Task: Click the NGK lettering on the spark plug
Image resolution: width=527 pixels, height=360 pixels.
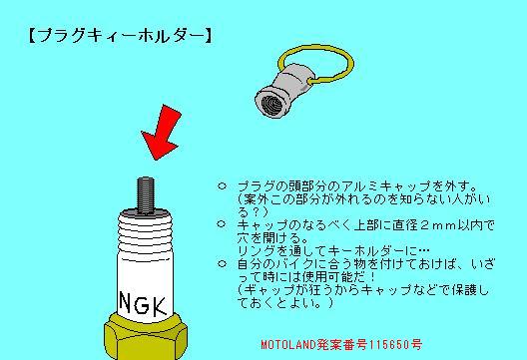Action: tap(143, 304)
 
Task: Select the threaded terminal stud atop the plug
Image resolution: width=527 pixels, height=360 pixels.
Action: tap(146, 195)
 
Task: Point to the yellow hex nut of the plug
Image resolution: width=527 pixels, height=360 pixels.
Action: tap(145, 337)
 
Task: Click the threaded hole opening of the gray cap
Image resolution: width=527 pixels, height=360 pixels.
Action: tap(270, 104)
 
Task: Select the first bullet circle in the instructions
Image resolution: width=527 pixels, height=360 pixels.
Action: tap(222, 185)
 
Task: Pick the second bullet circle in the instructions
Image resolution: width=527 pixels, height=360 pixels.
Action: tap(222, 224)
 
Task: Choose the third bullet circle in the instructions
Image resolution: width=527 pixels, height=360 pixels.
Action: tap(222, 263)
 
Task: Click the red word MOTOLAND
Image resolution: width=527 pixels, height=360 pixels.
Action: tap(288, 344)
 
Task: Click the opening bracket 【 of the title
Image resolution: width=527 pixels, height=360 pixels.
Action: tap(32, 36)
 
